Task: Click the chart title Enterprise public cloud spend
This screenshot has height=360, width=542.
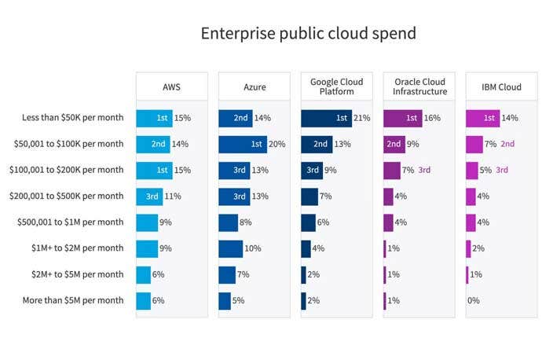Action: coord(307,34)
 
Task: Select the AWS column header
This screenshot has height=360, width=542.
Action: coord(171,86)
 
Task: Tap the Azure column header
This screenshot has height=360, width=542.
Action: coord(254,86)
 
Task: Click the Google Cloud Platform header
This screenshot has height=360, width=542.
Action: coord(336,86)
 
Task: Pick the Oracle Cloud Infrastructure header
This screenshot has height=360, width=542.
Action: coord(419,86)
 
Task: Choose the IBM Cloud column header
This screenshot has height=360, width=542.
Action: coord(501,86)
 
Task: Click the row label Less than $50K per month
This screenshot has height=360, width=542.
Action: coord(73,118)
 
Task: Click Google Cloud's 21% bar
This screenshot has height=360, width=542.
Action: coord(326,118)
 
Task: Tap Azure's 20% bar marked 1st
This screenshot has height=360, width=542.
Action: coord(243,144)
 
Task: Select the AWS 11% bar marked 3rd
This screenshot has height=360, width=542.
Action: coord(149,196)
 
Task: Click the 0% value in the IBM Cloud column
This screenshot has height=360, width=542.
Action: coord(473,300)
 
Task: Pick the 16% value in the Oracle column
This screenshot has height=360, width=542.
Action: coord(433,118)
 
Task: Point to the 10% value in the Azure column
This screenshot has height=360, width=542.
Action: coord(253,248)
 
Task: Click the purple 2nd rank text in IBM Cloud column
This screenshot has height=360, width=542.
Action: coord(507,144)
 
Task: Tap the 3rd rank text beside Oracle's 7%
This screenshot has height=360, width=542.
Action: coord(425,170)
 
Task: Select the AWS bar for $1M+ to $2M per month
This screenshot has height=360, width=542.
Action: coord(147,248)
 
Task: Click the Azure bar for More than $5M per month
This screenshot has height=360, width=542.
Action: coord(225,300)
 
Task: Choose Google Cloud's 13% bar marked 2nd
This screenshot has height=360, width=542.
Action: coord(317,144)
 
